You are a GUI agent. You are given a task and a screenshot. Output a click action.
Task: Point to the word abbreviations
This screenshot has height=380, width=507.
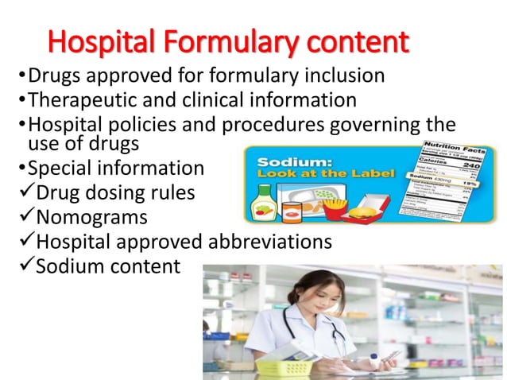pyautogui.click(x=269, y=242)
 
